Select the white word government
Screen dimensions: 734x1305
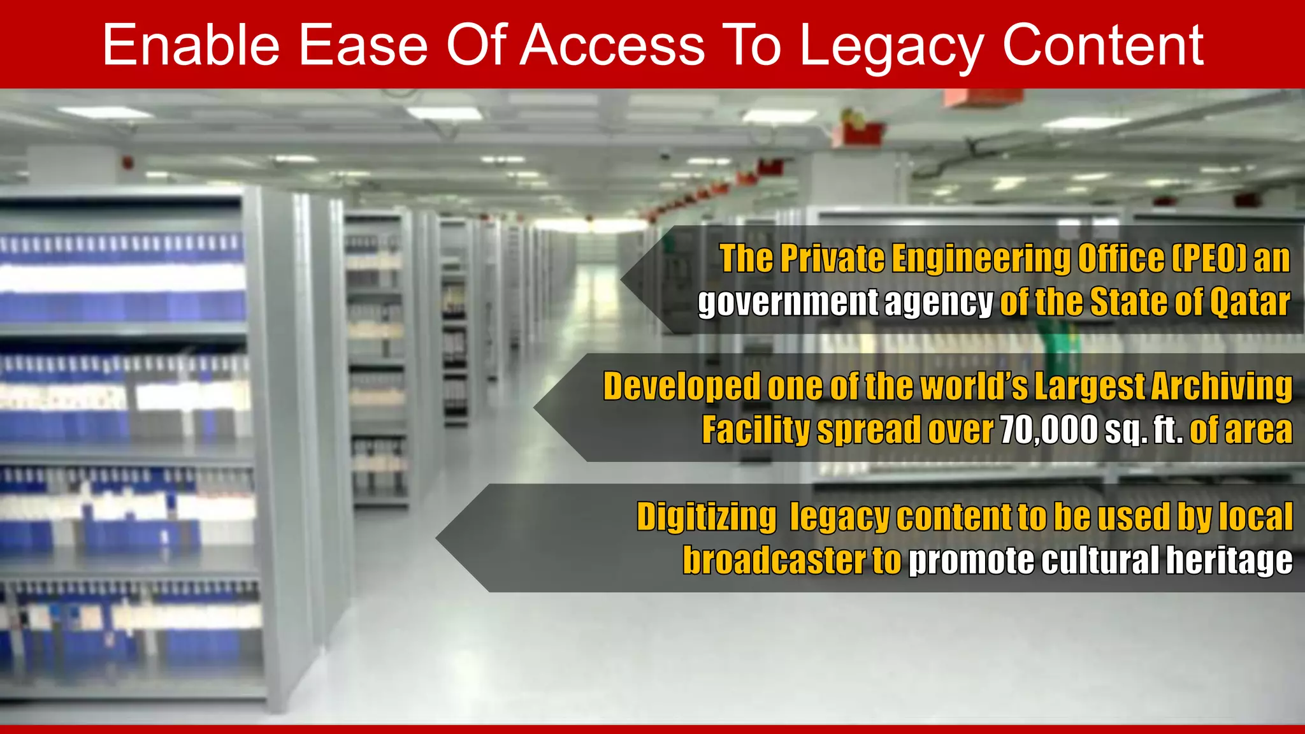pyautogui.click(x=788, y=303)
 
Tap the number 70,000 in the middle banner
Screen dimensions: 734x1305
pyautogui.click(x=1049, y=430)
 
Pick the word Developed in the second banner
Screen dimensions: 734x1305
pyautogui.click(x=681, y=387)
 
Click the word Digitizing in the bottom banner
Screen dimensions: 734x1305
pyautogui.click(x=706, y=516)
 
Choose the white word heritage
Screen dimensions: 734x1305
pyautogui.click(x=1229, y=560)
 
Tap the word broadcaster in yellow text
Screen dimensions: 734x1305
pyautogui.click(x=774, y=560)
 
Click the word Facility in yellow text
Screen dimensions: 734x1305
pyautogui.click(x=756, y=431)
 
